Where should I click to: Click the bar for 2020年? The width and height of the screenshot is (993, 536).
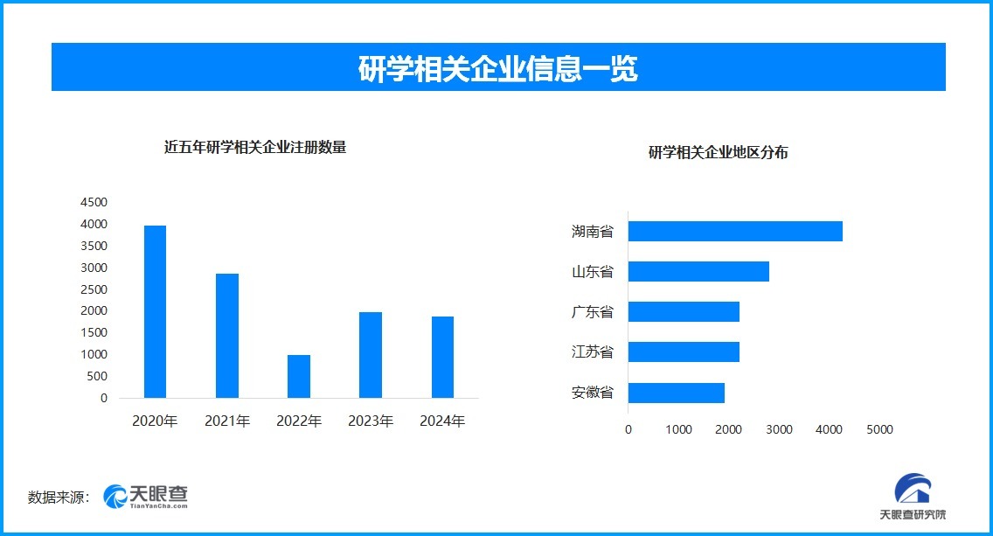coord(155,312)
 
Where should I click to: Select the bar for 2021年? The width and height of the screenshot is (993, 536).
coord(226,336)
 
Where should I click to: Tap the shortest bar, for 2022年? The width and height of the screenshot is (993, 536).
coord(299,376)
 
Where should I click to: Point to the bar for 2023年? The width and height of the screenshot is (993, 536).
coord(371,355)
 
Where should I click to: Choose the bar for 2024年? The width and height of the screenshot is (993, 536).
coord(442,357)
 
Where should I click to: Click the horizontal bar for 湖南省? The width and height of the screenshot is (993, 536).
coord(735,232)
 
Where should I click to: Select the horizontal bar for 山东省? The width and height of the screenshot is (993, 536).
coord(698,272)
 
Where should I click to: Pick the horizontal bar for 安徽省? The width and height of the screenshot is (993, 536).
coord(677,393)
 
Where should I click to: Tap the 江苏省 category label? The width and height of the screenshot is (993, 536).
coord(593,352)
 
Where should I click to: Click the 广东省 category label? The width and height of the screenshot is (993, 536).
coord(593,312)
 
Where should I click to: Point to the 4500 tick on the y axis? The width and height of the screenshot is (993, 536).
coord(94,202)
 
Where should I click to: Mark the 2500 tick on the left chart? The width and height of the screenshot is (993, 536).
coord(94,289)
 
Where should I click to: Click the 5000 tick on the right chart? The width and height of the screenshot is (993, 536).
coord(879,430)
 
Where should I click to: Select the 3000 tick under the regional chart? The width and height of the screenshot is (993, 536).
coord(779,430)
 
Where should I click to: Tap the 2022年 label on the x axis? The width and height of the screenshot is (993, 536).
coord(299,421)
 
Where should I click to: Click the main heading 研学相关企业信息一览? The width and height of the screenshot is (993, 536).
coord(498,68)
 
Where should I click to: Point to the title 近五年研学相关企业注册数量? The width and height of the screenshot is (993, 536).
coord(255,148)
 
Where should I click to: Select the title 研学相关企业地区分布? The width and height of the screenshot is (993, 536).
coord(719,153)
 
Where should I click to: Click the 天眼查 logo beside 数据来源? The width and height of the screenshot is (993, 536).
coord(146,497)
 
